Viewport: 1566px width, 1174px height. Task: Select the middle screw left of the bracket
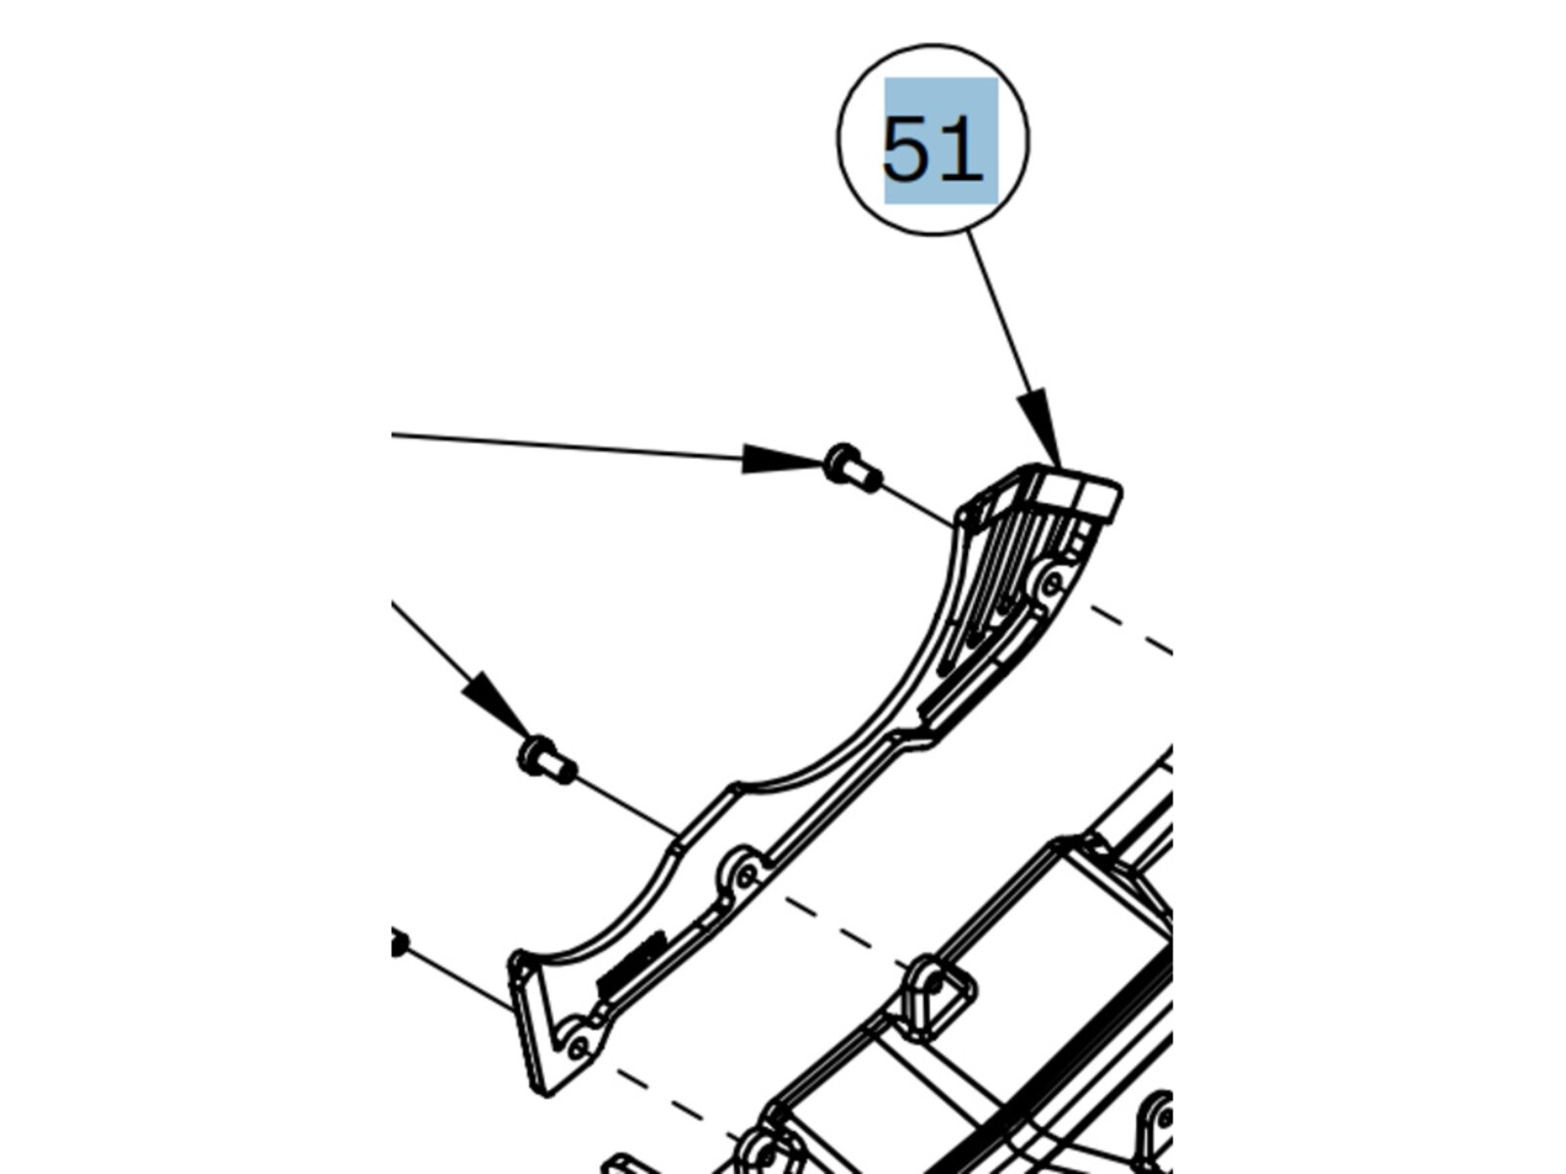point(546,760)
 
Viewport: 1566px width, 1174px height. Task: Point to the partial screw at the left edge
point(398,945)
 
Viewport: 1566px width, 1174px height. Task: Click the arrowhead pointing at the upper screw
point(779,458)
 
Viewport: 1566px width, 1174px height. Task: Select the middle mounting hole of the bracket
point(746,874)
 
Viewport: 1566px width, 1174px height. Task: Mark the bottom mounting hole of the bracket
point(577,1048)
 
